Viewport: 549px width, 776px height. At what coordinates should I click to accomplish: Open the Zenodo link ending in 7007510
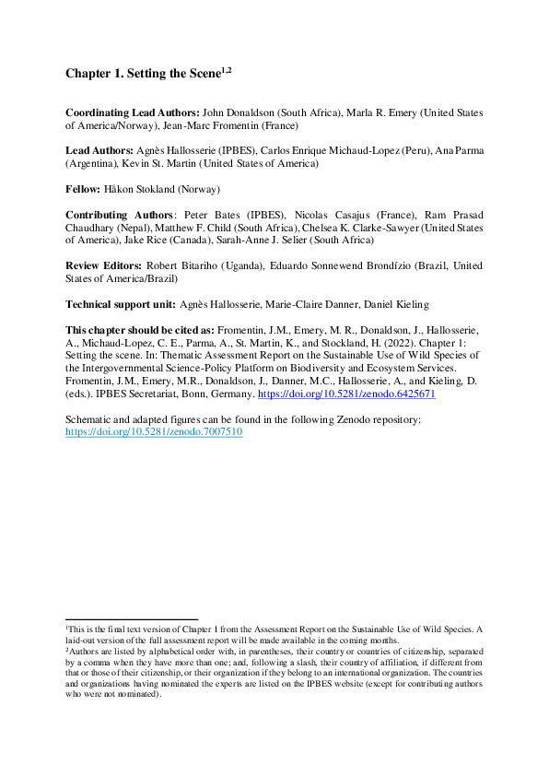pos(154,431)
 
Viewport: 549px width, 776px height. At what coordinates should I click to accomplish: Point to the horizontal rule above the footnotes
pos(131,619)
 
